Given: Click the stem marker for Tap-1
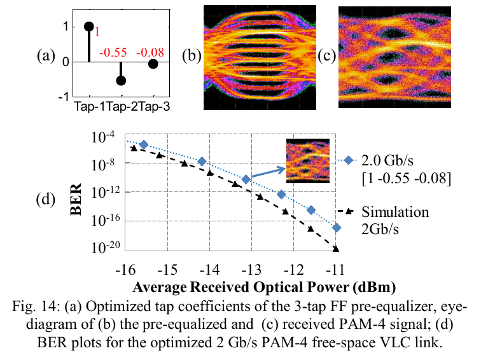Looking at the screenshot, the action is tap(89, 27).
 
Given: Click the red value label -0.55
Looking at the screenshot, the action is tap(113, 52).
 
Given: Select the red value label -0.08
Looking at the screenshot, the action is tap(150, 52).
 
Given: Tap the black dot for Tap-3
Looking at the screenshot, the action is tap(153, 64).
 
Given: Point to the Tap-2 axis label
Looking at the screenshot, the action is tap(122, 107).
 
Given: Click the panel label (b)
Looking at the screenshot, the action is tap(192, 56).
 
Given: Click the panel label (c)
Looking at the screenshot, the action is tap(327, 56).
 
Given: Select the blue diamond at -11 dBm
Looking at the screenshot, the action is tap(336, 228).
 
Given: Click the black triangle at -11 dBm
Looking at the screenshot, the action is tap(335, 249).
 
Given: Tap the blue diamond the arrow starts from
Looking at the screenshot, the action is tap(246, 179).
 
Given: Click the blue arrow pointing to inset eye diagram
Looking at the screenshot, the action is tap(268, 173).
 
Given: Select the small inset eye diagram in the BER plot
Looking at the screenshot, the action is tap(308, 161).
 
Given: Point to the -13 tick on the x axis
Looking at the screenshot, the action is tap(251, 270).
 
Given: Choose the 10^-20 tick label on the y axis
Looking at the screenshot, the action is tap(106, 247).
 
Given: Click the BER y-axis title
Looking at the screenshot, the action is tap(76, 199).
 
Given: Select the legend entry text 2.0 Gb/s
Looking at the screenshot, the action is tap(387, 160).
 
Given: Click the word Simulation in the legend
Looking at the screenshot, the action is tap(395, 212).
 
